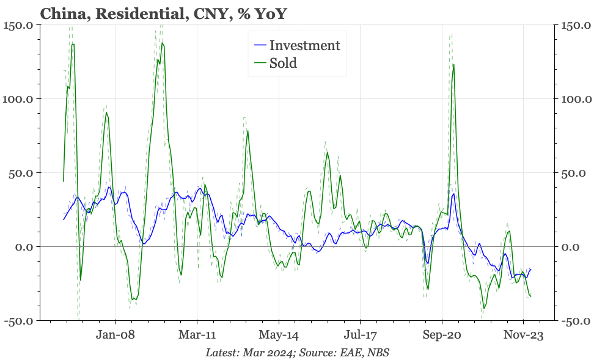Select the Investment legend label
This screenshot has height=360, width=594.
(304, 45)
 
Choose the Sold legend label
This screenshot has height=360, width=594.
(283, 63)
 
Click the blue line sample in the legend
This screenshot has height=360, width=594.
(260, 45)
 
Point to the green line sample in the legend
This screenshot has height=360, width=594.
(260, 63)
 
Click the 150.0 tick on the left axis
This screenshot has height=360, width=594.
(18, 26)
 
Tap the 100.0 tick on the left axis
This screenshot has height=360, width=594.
(18, 99)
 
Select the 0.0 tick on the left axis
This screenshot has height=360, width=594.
(24, 247)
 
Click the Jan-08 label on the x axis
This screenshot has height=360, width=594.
(115, 335)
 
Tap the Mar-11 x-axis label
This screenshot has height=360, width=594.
(197, 335)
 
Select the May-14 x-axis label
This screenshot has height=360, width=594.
(279, 335)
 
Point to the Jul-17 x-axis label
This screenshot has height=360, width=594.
(360, 335)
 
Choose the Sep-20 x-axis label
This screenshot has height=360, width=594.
(442, 335)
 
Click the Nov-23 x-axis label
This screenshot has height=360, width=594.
(523, 335)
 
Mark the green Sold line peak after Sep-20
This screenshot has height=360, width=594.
(453, 64)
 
